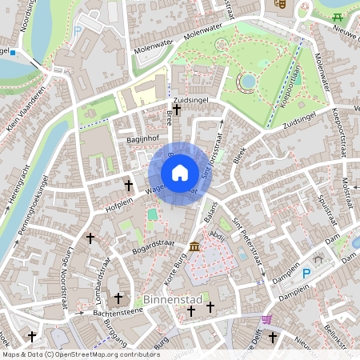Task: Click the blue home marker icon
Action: pos(180,173)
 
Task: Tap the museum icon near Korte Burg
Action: pos(194,246)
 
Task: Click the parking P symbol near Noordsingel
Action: pos(78,31)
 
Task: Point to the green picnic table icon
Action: pos(338,17)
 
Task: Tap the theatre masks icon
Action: pos(281,4)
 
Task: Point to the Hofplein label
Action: pos(98,205)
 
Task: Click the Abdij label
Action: pos(217,236)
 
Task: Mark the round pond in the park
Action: pos(246,80)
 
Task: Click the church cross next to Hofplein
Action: pos(127,186)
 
